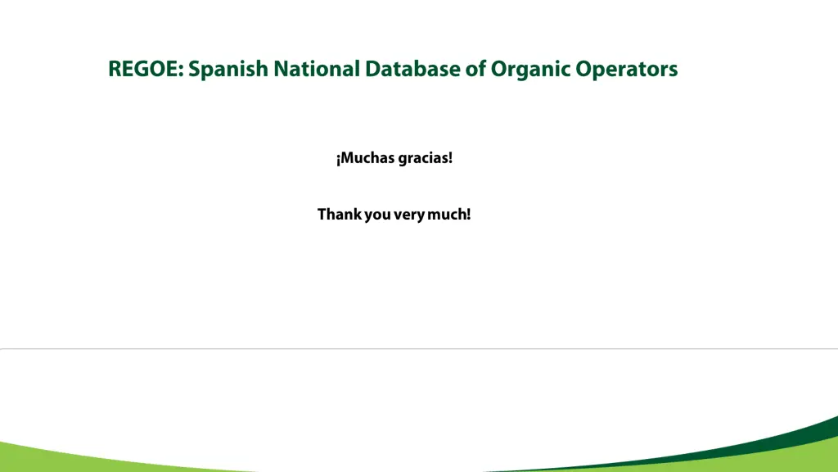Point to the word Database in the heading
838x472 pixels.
413,69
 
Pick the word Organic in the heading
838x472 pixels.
530,70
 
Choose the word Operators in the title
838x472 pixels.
627,70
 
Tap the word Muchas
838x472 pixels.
367,158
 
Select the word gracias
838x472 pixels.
421,159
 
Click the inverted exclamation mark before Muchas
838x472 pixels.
338,159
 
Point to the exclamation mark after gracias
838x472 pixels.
450,158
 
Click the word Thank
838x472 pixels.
339,215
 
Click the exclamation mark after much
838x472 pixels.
468,215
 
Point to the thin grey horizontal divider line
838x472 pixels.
419,348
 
